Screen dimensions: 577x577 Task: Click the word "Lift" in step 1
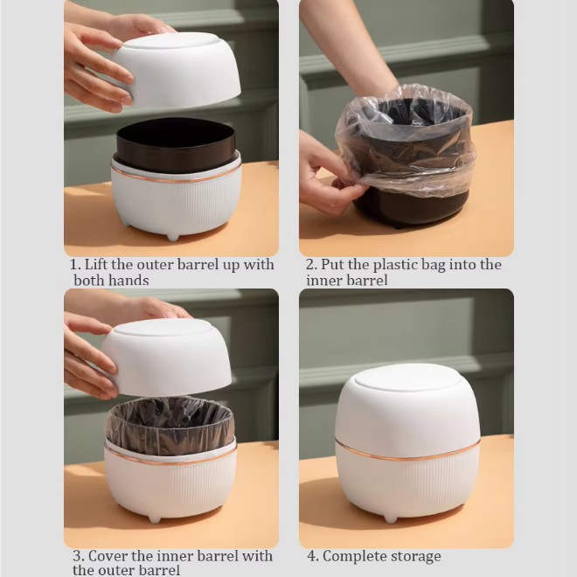tap(95, 265)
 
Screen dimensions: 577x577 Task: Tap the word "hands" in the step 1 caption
tap(130, 281)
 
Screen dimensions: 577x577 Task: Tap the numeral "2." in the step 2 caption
tap(311, 265)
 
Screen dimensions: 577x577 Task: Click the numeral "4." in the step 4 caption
tap(313, 556)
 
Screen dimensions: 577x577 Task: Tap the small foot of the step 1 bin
tap(172, 237)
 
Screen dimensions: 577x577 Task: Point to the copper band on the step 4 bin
tap(407, 453)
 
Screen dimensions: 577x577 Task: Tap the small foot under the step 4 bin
tap(391, 518)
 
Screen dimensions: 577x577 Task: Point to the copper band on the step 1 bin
tap(176, 177)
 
